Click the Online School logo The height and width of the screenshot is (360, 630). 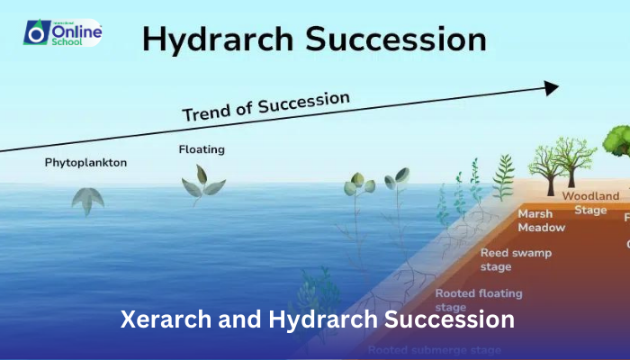click(62, 33)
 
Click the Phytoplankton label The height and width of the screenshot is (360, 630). click(87, 163)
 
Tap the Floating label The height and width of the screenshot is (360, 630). click(202, 149)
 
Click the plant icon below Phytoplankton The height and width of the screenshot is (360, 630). click(87, 200)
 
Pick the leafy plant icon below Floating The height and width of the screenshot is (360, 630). click(202, 184)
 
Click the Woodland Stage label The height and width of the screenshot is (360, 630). click(590, 202)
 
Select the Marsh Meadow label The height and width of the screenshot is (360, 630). click(542, 220)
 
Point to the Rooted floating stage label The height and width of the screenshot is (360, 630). click(478, 300)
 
